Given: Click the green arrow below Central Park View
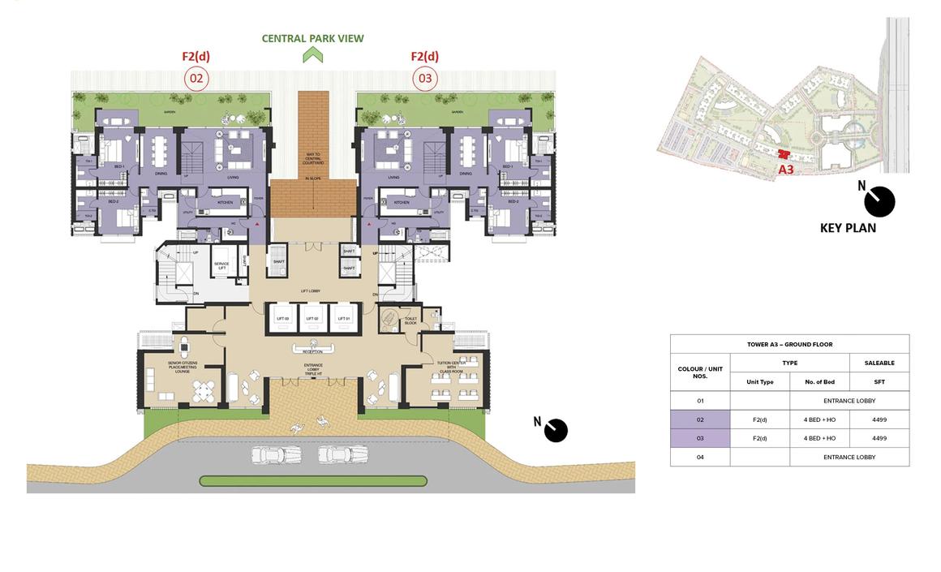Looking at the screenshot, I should (x=312, y=55).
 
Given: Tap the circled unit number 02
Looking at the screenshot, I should (x=196, y=79).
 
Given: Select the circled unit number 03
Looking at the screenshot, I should (x=424, y=79).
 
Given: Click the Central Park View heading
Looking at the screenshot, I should (x=312, y=38).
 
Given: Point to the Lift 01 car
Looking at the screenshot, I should (x=344, y=318).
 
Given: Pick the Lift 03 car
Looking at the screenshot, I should (x=281, y=318).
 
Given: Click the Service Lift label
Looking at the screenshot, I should (x=221, y=265).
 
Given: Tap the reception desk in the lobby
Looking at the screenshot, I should (x=312, y=348).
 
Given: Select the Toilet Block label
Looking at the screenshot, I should (x=410, y=320).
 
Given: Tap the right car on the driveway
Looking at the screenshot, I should (x=332, y=454).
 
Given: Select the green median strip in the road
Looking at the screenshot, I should (x=312, y=481).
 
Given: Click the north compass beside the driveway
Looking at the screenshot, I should (x=555, y=430).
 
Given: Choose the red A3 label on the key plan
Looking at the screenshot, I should (x=785, y=170).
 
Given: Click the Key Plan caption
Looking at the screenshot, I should (x=848, y=228).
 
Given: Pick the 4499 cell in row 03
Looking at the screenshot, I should (x=879, y=438).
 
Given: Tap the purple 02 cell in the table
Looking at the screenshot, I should (x=699, y=419).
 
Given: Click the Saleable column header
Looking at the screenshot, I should (x=879, y=363).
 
